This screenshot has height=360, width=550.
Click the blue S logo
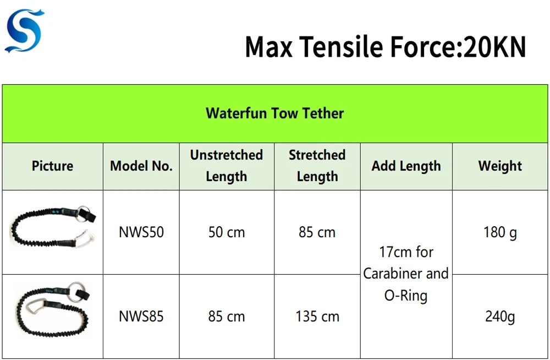click(25, 31)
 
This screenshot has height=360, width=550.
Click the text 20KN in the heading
click(494, 47)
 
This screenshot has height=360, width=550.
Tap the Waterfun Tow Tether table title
click(274, 113)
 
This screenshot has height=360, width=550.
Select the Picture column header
click(52, 166)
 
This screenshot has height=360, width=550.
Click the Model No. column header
click(141, 166)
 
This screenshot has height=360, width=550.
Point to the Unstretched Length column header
click(226, 166)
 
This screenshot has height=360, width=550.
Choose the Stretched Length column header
click(317, 166)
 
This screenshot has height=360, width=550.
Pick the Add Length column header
click(406, 166)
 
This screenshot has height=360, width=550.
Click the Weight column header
click(500, 166)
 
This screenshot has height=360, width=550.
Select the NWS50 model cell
click(141, 232)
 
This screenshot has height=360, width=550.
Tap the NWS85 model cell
click(141, 317)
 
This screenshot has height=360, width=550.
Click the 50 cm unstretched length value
click(226, 232)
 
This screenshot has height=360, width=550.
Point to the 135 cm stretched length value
click(317, 317)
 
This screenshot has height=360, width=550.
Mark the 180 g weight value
click(500, 232)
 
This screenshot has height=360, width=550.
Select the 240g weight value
click(500, 317)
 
